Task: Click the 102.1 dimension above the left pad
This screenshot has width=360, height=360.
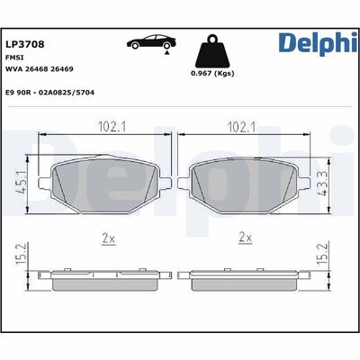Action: click(x=108, y=126)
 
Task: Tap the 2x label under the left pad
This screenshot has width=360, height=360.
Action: click(x=108, y=238)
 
